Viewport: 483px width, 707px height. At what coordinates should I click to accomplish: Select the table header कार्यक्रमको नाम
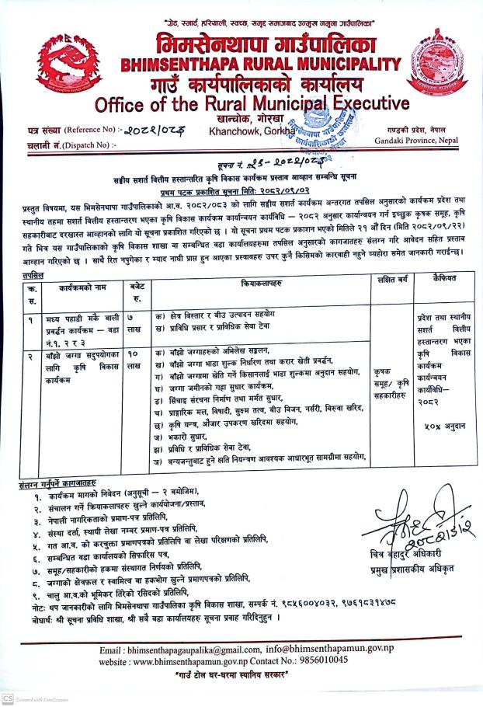[82, 287]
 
